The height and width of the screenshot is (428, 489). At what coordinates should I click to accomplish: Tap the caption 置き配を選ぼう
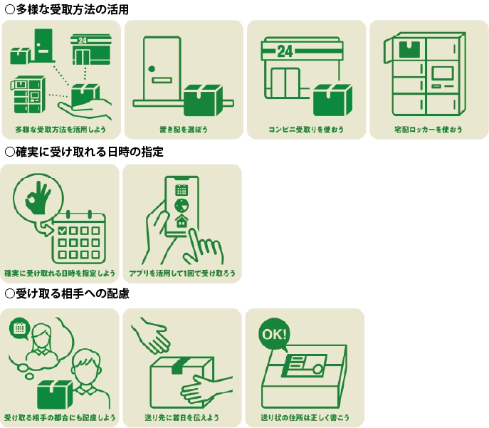(184, 129)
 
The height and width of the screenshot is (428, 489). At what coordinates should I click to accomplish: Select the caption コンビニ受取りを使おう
(306, 129)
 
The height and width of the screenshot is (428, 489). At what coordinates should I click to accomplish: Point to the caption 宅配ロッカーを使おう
(428, 129)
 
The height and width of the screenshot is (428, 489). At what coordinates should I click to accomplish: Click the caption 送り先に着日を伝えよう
(182, 417)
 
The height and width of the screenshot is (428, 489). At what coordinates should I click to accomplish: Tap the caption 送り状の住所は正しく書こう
(305, 417)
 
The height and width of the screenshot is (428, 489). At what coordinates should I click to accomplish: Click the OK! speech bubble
(275, 335)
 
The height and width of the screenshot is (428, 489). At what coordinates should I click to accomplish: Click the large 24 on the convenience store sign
(285, 51)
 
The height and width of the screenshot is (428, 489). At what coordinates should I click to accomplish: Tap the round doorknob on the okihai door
(152, 69)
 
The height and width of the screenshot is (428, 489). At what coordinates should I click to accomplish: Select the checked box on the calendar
(63, 231)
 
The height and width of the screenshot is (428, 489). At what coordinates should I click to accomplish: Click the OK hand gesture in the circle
(38, 198)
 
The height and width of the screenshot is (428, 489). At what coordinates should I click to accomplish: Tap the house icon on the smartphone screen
(182, 221)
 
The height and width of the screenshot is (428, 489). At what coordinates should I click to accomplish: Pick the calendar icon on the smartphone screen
(182, 189)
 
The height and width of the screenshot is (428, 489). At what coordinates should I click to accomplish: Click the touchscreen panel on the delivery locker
(442, 73)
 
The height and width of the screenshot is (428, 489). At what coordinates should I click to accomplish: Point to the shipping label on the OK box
(304, 365)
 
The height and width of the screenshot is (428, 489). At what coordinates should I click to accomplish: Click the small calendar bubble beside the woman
(20, 328)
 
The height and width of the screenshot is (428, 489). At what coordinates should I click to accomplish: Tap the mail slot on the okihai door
(162, 80)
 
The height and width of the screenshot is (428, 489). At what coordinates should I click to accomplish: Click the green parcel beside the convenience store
(332, 100)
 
